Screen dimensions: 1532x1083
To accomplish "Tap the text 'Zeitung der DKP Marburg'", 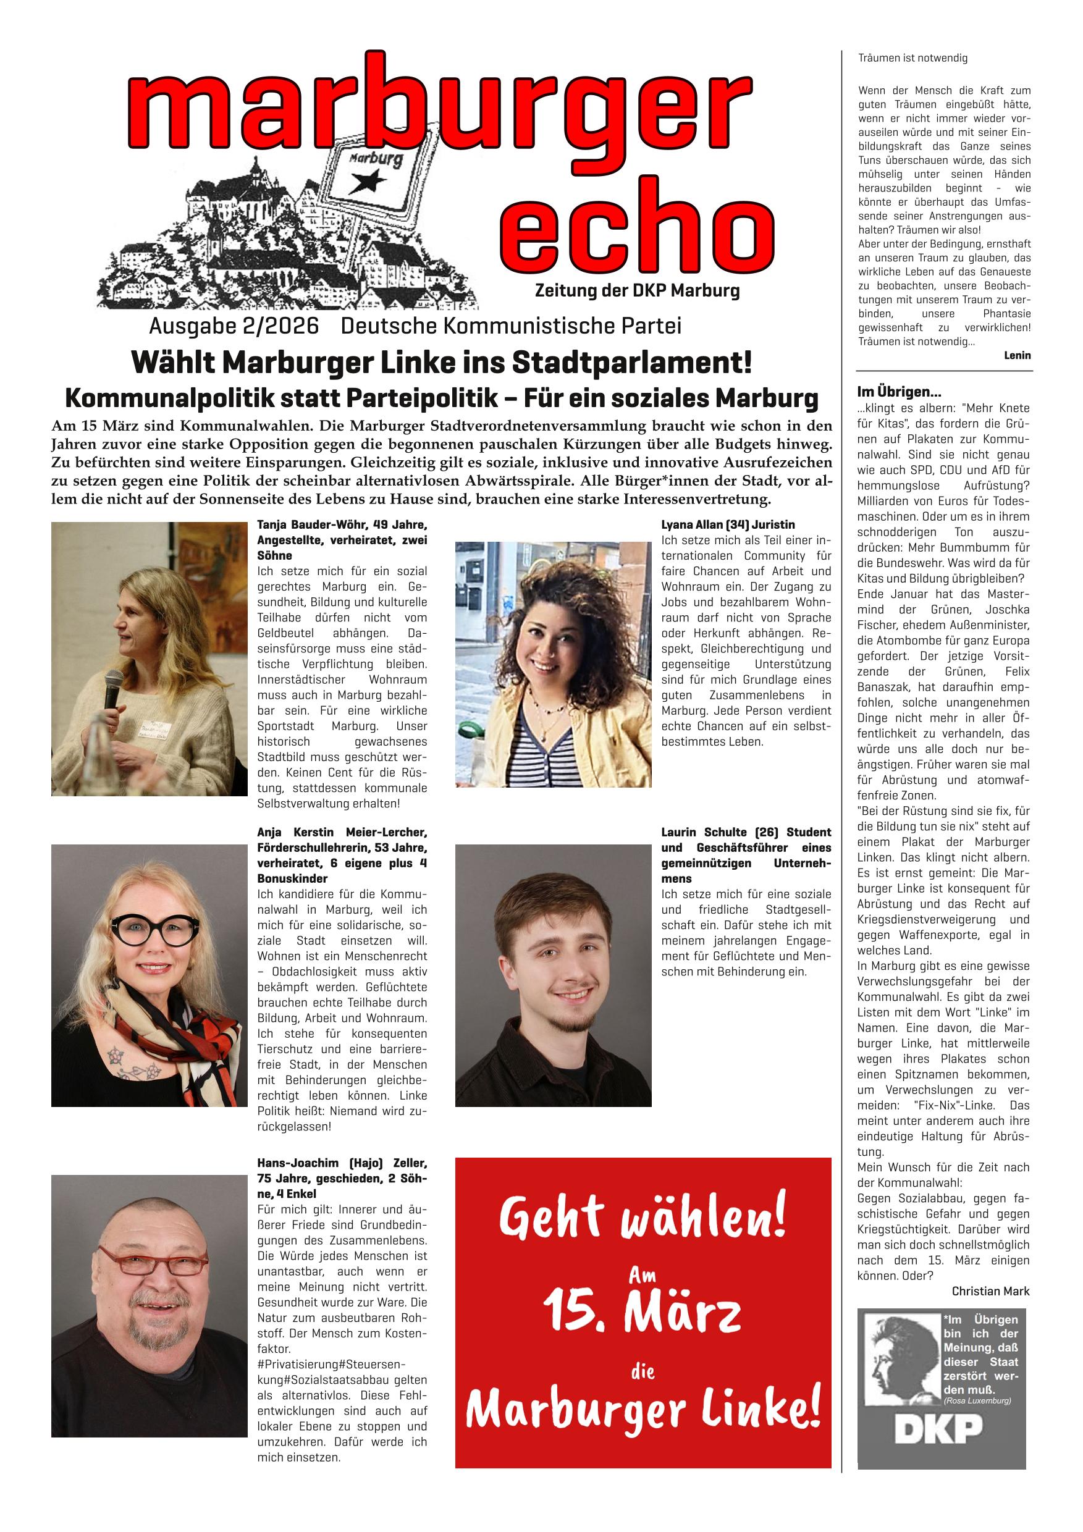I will (x=636, y=291).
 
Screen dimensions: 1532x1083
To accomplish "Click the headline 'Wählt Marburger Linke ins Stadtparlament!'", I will (x=441, y=363).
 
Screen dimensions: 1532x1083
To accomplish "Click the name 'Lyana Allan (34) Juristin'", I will (x=727, y=524).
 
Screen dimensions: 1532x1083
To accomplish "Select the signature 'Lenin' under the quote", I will (x=1016, y=356).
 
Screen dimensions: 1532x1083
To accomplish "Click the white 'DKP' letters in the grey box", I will (x=938, y=1429).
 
